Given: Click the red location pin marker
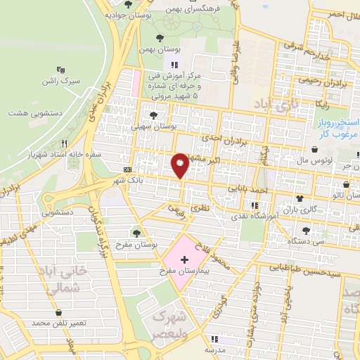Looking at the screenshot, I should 180,165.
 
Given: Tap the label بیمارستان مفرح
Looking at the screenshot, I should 184,271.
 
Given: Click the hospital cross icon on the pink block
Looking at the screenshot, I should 184,259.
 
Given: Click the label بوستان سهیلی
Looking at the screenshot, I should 154,127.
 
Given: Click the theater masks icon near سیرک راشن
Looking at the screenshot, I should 62,70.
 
